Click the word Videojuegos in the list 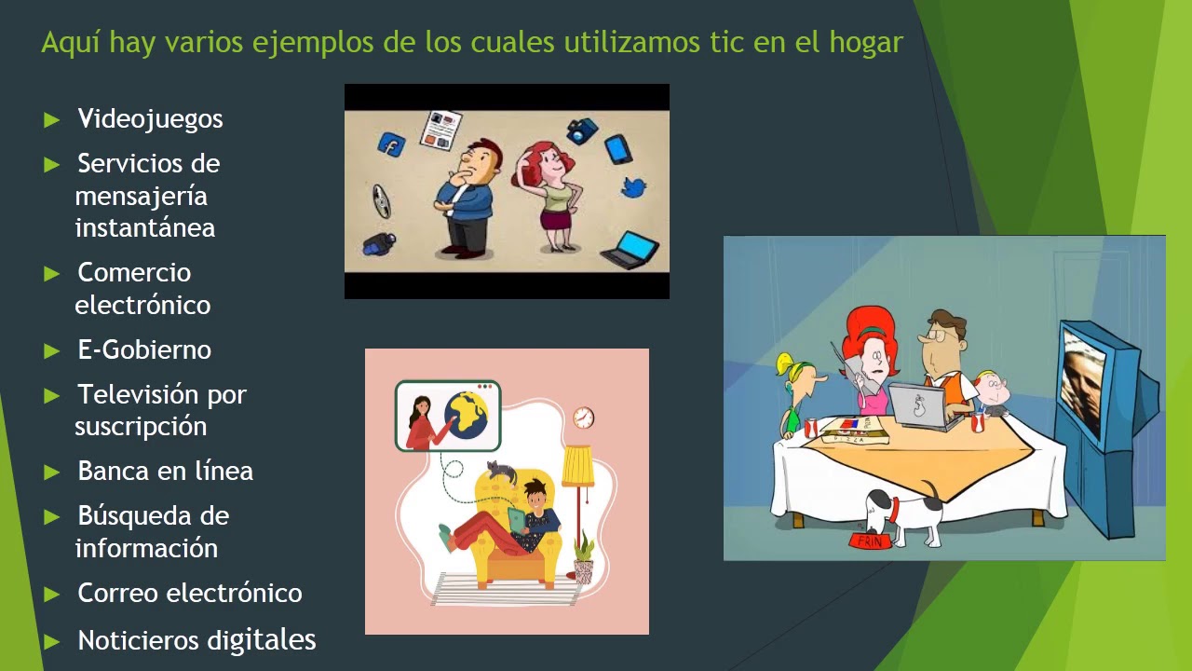[x=150, y=119]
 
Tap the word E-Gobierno [x=144, y=350]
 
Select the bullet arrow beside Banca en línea [x=52, y=472]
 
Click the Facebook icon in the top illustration [x=391, y=144]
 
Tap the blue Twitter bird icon [x=634, y=187]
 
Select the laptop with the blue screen [x=631, y=249]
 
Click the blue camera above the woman [x=582, y=130]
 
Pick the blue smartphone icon [x=617, y=149]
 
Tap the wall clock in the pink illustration [x=583, y=418]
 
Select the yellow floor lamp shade [x=577, y=466]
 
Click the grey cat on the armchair [x=503, y=472]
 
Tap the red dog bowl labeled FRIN [x=868, y=541]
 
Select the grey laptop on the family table [x=918, y=406]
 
